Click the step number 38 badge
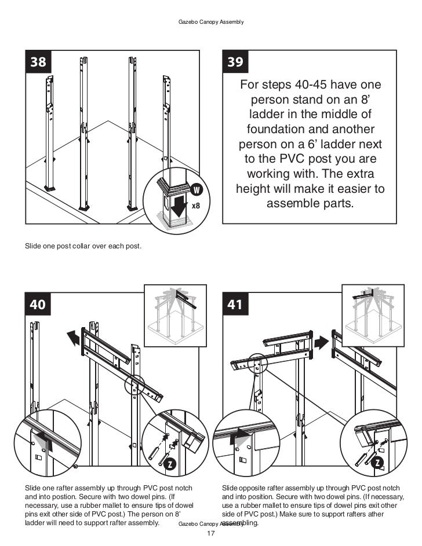(x=38, y=63)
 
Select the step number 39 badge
(x=236, y=63)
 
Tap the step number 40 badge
(x=38, y=305)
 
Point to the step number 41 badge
(x=236, y=305)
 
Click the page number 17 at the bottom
(x=210, y=533)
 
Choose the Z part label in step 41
(x=378, y=463)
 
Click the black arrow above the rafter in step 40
(x=74, y=337)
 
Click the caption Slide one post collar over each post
(x=83, y=247)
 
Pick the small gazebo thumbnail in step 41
(x=373, y=313)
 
